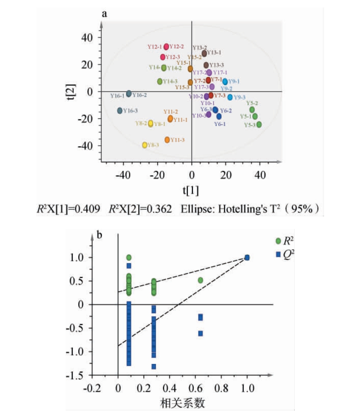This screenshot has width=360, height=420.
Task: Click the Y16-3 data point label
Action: point(131,111)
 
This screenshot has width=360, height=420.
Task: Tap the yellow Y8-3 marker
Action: point(144,145)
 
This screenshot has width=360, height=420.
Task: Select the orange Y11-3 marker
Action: point(167,140)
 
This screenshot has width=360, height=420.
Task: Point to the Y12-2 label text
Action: point(177,47)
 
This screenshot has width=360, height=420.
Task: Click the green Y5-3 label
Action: point(250,125)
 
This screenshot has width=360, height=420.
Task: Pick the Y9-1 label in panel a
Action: point(234,81)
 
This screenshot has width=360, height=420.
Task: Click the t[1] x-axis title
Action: point(191,190)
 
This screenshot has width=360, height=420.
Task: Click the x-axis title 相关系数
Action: point(183,403)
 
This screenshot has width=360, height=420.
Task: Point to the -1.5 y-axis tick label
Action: point(74,375)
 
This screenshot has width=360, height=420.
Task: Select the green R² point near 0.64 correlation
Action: point(201,280)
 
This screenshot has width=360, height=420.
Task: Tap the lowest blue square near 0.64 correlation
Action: point(201,334)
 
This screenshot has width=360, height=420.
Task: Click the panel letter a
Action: point(104,14)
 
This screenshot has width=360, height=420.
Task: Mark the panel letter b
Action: point(100,235)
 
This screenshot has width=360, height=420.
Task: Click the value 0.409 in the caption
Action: point(88,209)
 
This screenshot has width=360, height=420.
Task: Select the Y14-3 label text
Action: point(170,81)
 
